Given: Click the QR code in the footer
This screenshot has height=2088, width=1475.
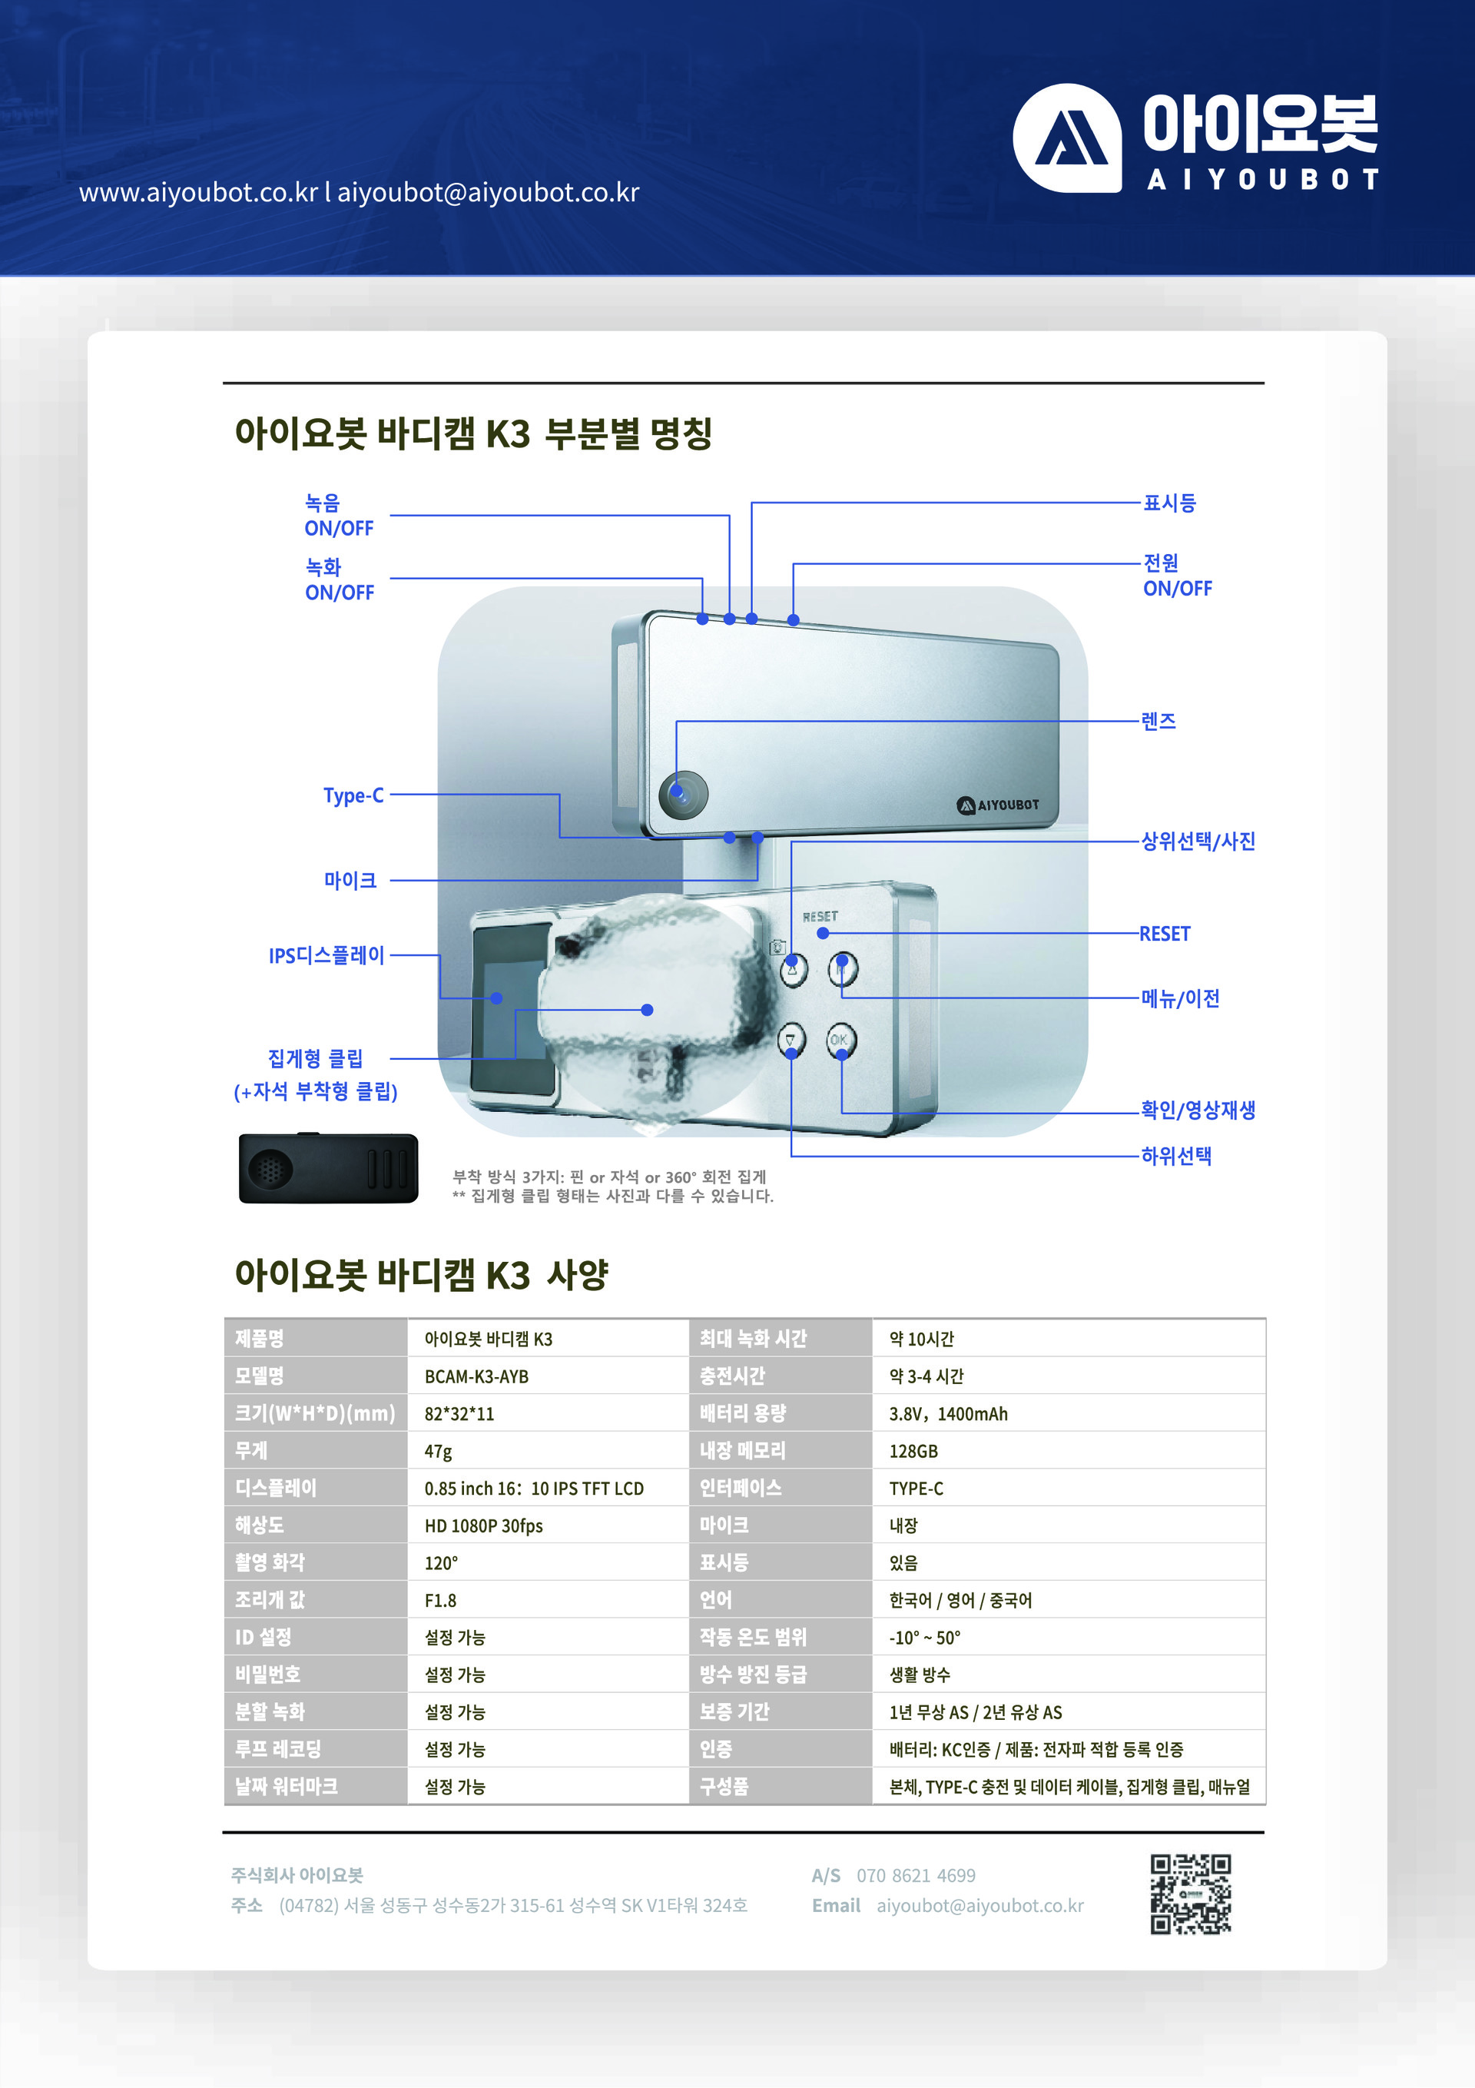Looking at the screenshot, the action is [x=1189, y=1894].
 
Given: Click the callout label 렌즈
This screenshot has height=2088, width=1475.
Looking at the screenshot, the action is [x=1158, y=721].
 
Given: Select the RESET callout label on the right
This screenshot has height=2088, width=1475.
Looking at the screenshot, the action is [x=1164, y=934].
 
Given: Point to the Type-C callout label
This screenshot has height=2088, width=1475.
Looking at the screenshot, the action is [x=353, y=795].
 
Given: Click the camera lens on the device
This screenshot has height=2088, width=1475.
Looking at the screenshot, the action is [x=683, y=793].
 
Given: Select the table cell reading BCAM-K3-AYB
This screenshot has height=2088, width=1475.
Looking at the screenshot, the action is [x=476, y=1376].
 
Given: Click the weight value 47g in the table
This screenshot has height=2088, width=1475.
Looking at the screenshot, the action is [x=439, y=1450].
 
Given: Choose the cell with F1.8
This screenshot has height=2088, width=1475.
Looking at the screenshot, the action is [x=440, y=1600].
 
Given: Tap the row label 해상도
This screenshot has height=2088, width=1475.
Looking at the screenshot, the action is [x=259, y=1525].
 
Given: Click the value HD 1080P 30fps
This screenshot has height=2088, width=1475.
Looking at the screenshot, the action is [x=483, y=1525].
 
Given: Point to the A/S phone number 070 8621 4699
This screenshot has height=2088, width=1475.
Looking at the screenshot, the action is [x=915, y=1875].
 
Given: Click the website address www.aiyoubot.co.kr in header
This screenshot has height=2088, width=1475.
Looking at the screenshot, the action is [x=198, y=193].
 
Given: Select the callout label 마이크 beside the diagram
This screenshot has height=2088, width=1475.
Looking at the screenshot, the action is [x=350, y=880].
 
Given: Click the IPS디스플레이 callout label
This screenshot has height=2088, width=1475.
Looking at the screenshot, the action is [x=326, y=956].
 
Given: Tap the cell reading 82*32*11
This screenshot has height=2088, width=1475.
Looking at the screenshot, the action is [x=459, y=1413].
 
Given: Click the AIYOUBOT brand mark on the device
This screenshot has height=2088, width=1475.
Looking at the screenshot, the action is [x=998, y=805].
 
